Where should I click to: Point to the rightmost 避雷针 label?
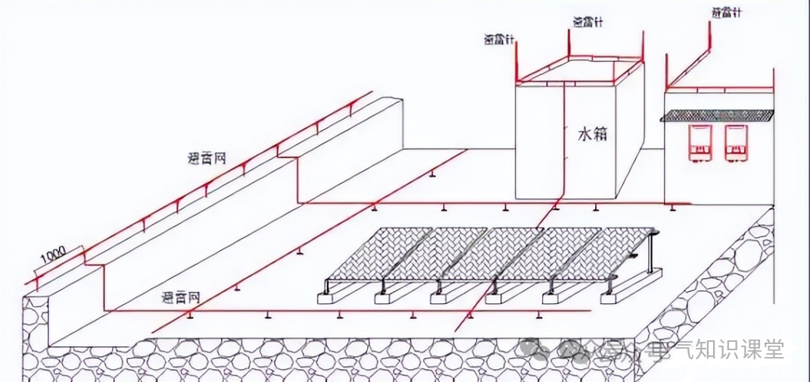[727, 13]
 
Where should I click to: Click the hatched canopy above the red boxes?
[717, 116]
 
